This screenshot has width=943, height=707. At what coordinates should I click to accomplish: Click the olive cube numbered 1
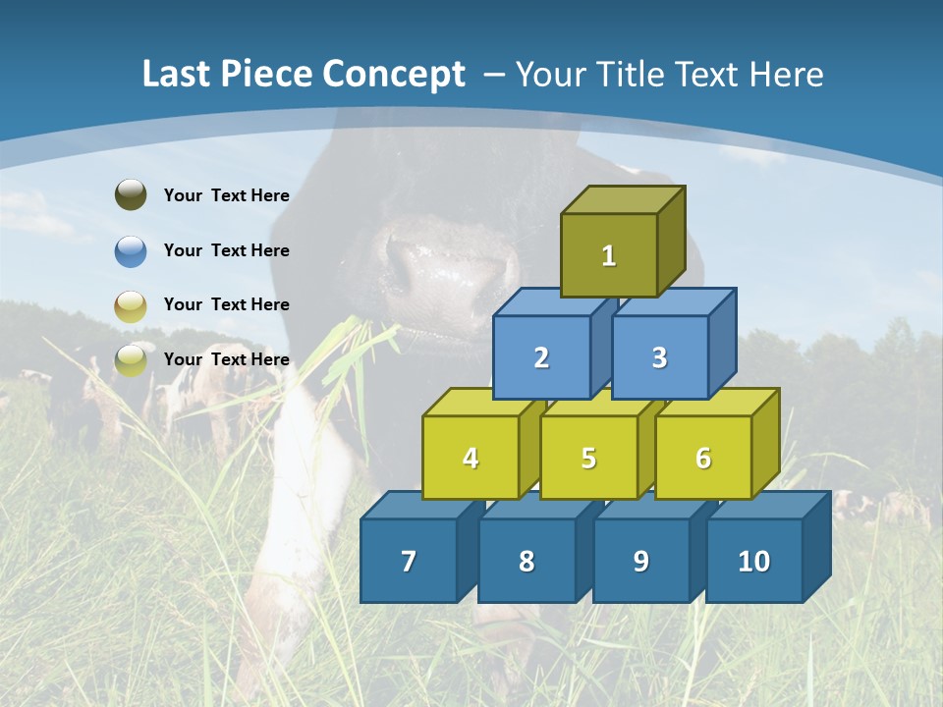pyautogui.click(x=609, y=255)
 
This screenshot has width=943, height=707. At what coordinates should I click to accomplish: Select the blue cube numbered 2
pyautogui.click(x=541, y=357)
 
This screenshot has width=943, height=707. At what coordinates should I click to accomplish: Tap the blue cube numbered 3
pyautogui.click(x=659, y=357)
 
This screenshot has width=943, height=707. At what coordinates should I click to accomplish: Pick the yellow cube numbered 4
pyautogui.click(x=471, y=458)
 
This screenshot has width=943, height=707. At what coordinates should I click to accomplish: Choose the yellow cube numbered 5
pyautogui.click(x=588, y=458)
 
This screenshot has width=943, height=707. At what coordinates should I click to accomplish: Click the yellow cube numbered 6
pyautogui.click(x=703, y=458)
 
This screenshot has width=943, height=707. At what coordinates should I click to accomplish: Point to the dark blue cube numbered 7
pyautogui.click(x=409, y=561)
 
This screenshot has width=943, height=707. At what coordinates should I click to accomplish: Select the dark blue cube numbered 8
pyautogui.click(x=527, y=561)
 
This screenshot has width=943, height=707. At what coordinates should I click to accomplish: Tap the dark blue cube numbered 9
pyautogui.click(x=640, y=561)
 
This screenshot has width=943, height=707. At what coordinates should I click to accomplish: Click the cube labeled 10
pyautogui.click(x=754, y=561)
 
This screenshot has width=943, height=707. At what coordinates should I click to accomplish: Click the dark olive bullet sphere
pyautogui.click(x=131, y=195)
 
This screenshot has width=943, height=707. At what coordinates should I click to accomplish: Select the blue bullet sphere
pyautogui.click(x=131, y=250)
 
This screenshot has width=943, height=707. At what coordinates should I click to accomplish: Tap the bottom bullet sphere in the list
pyautogui.click(x=131, y=359)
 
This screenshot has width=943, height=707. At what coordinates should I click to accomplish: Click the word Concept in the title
pyautogui.click(x=394, y=75)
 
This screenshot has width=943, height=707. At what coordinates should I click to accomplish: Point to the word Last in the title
pyautogui.click(x=177, y=75)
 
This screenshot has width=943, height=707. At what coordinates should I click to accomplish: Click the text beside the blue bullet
pyautogui.click(x=227, y=250)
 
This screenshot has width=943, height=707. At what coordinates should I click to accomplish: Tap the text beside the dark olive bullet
pyautogui.click(x=227, y=195)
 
